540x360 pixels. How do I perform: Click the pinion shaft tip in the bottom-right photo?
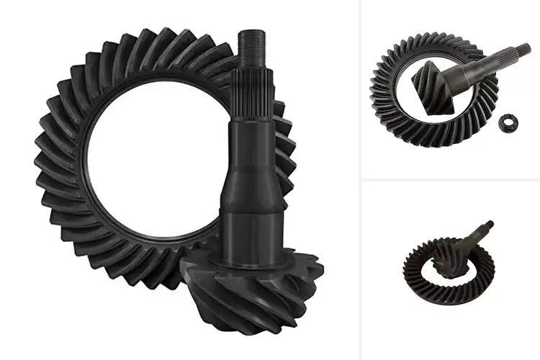pos(489,224)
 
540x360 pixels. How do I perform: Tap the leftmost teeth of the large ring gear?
pos(45,173)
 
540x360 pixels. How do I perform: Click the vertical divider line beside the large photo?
pos(360,180)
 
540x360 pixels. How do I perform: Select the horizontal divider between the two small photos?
pos(450,179)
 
